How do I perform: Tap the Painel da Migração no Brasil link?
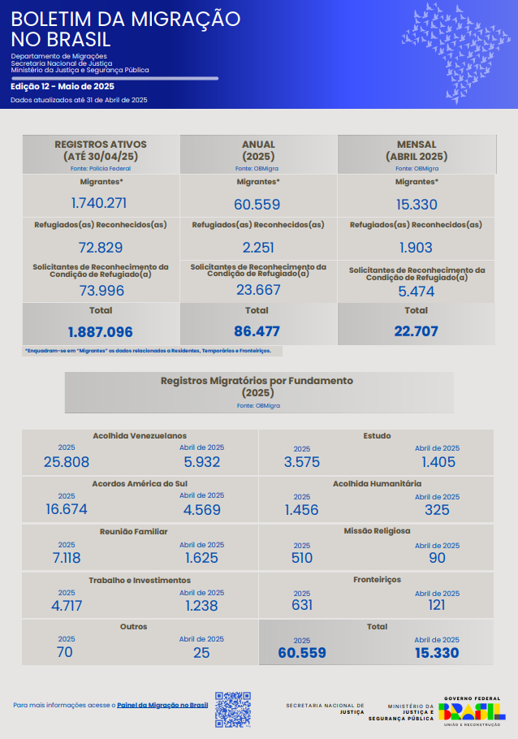pyautogui.click(x=162, y=705)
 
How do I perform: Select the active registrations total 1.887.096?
pyautogui.click(x=101, y=331)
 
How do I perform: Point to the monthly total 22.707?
pyautogui.click(x=416, y=331)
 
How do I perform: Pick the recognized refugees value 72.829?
pyautogui.click(x=101, y=248)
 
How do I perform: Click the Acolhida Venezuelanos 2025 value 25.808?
pyautogui.click(x=67, y=462)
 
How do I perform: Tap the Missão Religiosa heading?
pyautogui.click(x=377, y=531)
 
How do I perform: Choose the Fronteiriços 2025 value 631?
pyautogui.click(x=302, y=605)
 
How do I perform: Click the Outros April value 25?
pyautogui.click(x=201, y=652)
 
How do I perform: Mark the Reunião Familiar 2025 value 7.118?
pyautogui.click(x=67, y=558)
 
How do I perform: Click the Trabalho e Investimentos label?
pyautogui.click(x=140, y=581)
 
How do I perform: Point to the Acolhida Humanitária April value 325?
pyautogui.click(x=437, y=510)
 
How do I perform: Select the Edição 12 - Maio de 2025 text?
pyautogui.click(x=63, y=86)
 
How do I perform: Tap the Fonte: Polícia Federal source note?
pyautogui.click(x=101, y=168)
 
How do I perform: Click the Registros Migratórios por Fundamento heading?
pyautogui.click(x=257, y=380)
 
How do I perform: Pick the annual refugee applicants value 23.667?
pyautogui.click(x=257, y=289)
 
